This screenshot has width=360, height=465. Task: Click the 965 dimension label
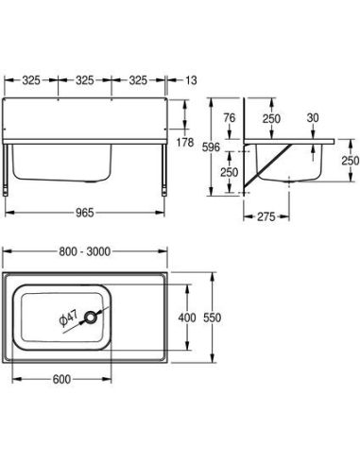85,213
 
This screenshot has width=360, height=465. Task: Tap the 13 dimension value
191,80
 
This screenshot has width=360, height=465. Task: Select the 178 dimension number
185,143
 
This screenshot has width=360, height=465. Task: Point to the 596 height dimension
211,147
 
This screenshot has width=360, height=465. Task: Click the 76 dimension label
230,118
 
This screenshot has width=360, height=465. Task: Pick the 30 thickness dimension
313,118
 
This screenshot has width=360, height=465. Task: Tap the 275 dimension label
266,216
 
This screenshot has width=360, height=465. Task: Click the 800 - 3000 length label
85,251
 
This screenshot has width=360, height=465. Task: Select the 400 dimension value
187,318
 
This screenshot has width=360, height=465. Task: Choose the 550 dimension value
213,318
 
